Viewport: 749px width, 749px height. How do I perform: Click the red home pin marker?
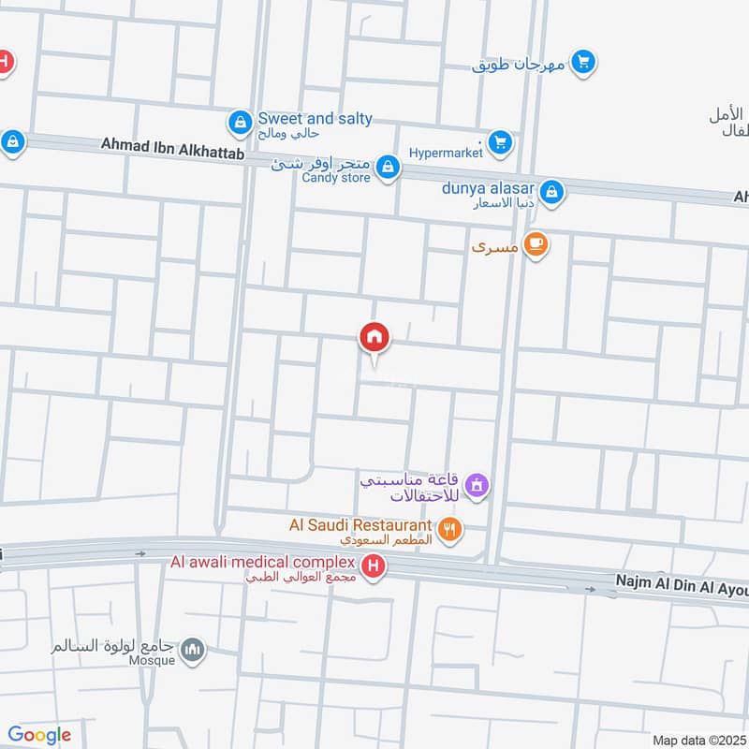[374, 337]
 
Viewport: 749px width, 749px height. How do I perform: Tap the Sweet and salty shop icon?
[240, 122]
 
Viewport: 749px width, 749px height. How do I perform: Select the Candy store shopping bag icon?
[388, 169]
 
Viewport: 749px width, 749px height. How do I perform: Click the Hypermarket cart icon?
[500, 142]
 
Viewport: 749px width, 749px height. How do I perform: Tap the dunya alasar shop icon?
[552, 191]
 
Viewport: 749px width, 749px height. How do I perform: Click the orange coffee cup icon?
[536, 244]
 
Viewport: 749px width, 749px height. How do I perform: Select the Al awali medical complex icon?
[374, 566]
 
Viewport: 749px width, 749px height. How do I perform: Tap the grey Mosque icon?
[193, 651]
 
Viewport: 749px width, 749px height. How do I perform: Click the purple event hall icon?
[477, 485]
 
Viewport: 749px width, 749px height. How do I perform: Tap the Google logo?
[39, 735]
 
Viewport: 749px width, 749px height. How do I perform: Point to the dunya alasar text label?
[488, 187]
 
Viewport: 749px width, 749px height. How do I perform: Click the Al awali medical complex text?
[263, 562]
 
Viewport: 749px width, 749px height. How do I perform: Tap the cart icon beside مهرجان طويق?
[583, 63]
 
